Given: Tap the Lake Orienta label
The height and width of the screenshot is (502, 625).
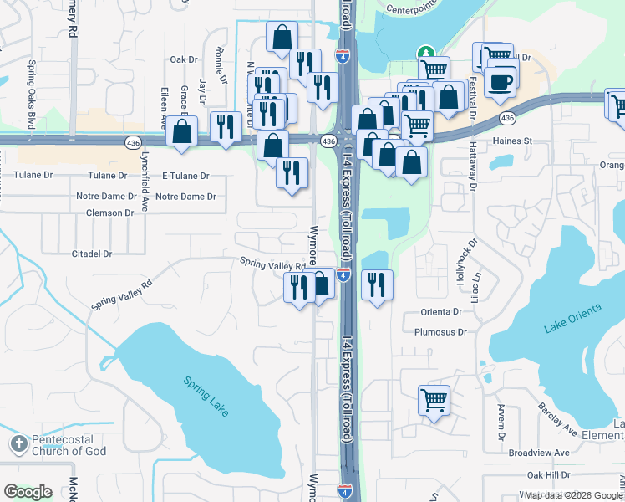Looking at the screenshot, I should coord(572,320).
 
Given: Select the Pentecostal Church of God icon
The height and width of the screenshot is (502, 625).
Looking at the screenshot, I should coord(18,444).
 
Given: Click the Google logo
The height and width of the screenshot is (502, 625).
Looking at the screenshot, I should coord(28,492).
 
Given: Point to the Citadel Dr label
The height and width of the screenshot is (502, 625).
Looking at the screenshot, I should coord(92,254).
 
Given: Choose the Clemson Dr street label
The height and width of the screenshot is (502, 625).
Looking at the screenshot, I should coord(109,213).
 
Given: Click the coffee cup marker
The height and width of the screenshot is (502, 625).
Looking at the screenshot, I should coord(501,81).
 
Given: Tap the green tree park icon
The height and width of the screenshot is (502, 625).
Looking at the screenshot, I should coord(426,53).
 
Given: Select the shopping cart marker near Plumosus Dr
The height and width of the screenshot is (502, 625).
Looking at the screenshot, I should coord(434,400).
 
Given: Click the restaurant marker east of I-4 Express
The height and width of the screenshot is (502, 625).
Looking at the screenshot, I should coord(377,284).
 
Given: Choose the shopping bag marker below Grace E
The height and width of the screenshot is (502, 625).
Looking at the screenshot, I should coord(181,132).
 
